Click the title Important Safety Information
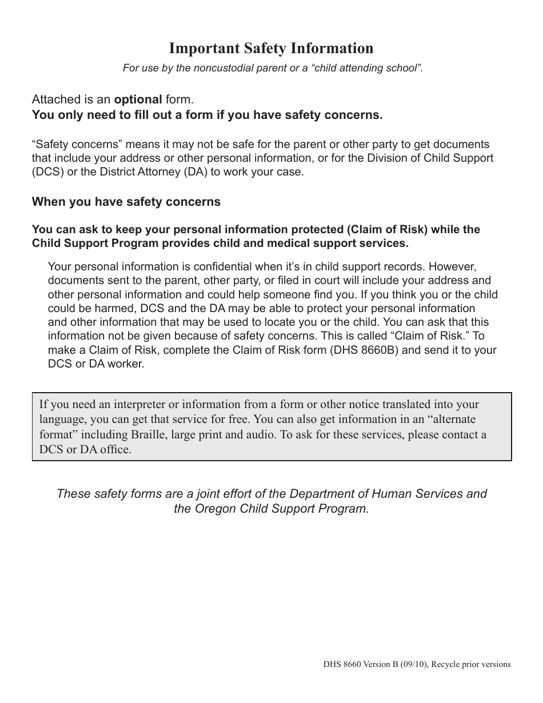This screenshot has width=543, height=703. click(x=271, y=48)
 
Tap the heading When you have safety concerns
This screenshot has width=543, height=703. click(x=126, y=202)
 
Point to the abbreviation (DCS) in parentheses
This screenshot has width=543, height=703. click(x=48, y=172)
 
